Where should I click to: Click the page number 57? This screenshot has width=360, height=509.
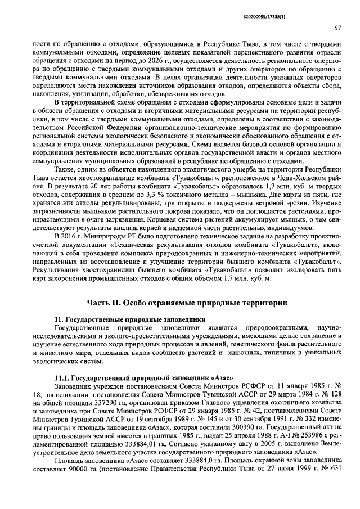pyautogui.click(x=337, y=27)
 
